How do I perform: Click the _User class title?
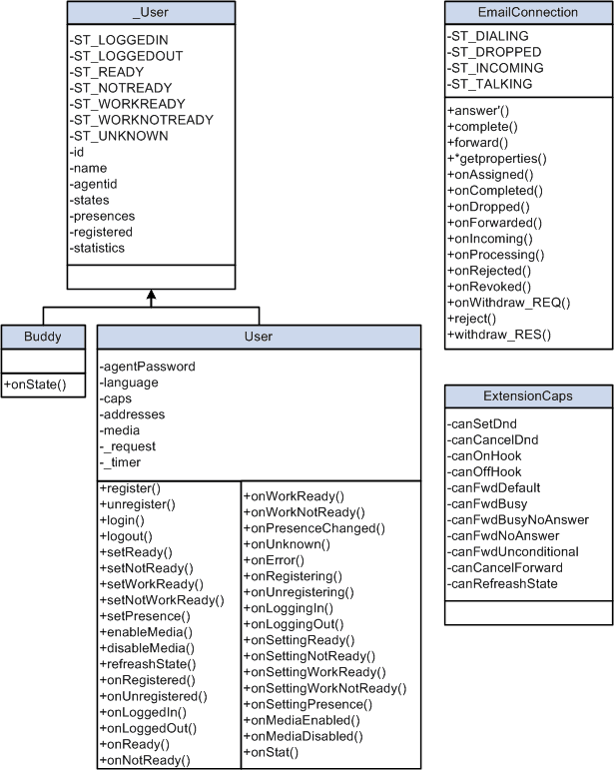[x=151, y=12]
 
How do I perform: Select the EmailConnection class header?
[x=527, y=12]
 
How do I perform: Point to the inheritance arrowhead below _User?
[x=151, y=296]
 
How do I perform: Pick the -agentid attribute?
[x=94, y=184]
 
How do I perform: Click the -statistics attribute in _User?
[x=97, y=248]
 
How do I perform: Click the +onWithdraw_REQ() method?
[x=508, y=302]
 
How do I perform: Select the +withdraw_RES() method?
[x=498, y=334]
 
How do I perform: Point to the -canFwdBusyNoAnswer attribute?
[x=516, y=519]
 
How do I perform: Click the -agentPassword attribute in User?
[x=147, y=366]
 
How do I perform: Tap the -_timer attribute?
[x=120, y=461]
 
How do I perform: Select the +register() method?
[x=131, y=488]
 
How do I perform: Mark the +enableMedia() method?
[x=146, y=632]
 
